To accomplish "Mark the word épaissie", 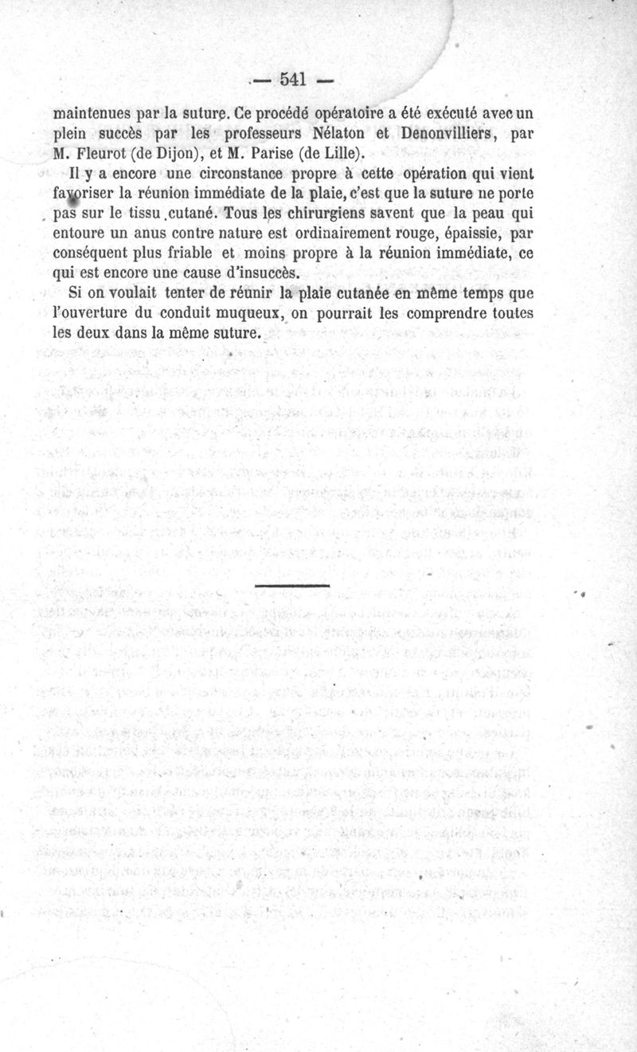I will [462, 235].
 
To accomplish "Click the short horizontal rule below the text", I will [292, 587].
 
